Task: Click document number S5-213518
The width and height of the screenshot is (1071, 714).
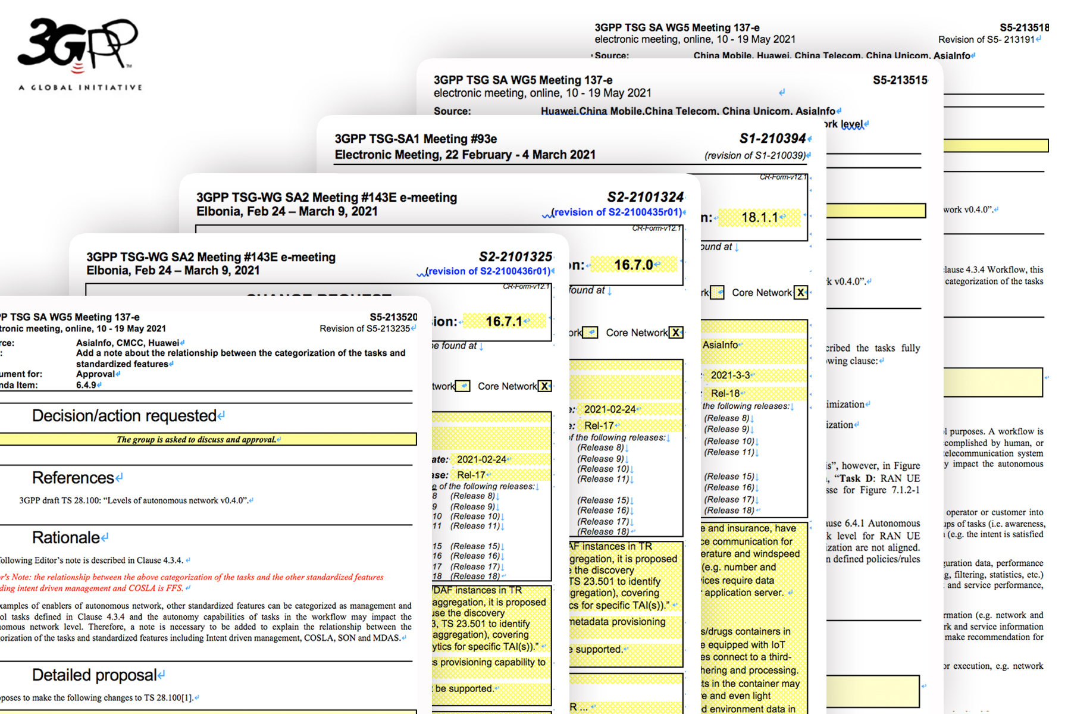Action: pos(1023,27)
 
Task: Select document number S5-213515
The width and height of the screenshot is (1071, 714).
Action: pos(900,80)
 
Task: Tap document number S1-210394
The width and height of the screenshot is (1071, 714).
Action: pos(772,139)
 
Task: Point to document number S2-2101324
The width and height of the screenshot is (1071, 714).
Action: pos(645,197)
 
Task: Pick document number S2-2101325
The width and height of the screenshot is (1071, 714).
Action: pos(515,257)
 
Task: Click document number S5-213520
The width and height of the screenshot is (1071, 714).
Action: pos(393,317)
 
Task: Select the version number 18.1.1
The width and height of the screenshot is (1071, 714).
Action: pos(759,218)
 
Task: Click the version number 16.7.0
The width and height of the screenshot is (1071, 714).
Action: pos(633,265)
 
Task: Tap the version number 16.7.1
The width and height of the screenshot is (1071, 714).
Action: pos(503,322)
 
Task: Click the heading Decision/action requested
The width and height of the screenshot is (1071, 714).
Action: pos(124,416)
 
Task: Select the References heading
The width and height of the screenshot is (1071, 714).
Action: pos(73,478)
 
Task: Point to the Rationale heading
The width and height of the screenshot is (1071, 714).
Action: pos(66,538)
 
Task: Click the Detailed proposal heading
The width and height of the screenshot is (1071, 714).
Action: pos(94,675)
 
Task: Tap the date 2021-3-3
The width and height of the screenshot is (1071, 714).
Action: pos(730,375)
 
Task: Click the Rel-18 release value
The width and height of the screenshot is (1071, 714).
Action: pos(725,393)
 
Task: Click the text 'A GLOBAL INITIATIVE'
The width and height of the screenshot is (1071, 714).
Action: pos(80,87)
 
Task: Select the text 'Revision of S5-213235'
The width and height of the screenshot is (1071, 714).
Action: pos(365,328)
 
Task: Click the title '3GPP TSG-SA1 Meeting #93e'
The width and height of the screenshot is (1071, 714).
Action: pos(415,139)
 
